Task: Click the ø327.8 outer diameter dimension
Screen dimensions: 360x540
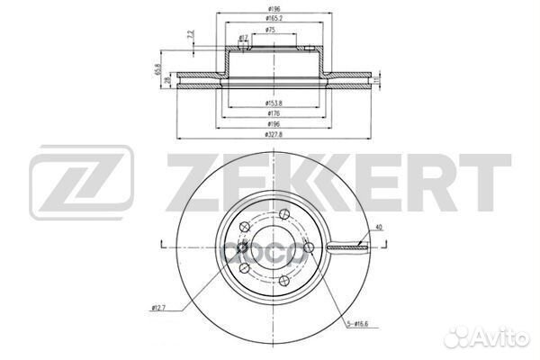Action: click(269, 135)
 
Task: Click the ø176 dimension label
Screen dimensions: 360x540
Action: click(269, 114)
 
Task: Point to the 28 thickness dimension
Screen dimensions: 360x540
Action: click(168, 81)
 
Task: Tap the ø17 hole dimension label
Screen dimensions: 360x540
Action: click(244, 38)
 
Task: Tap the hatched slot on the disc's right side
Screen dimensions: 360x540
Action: click(346, 245)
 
